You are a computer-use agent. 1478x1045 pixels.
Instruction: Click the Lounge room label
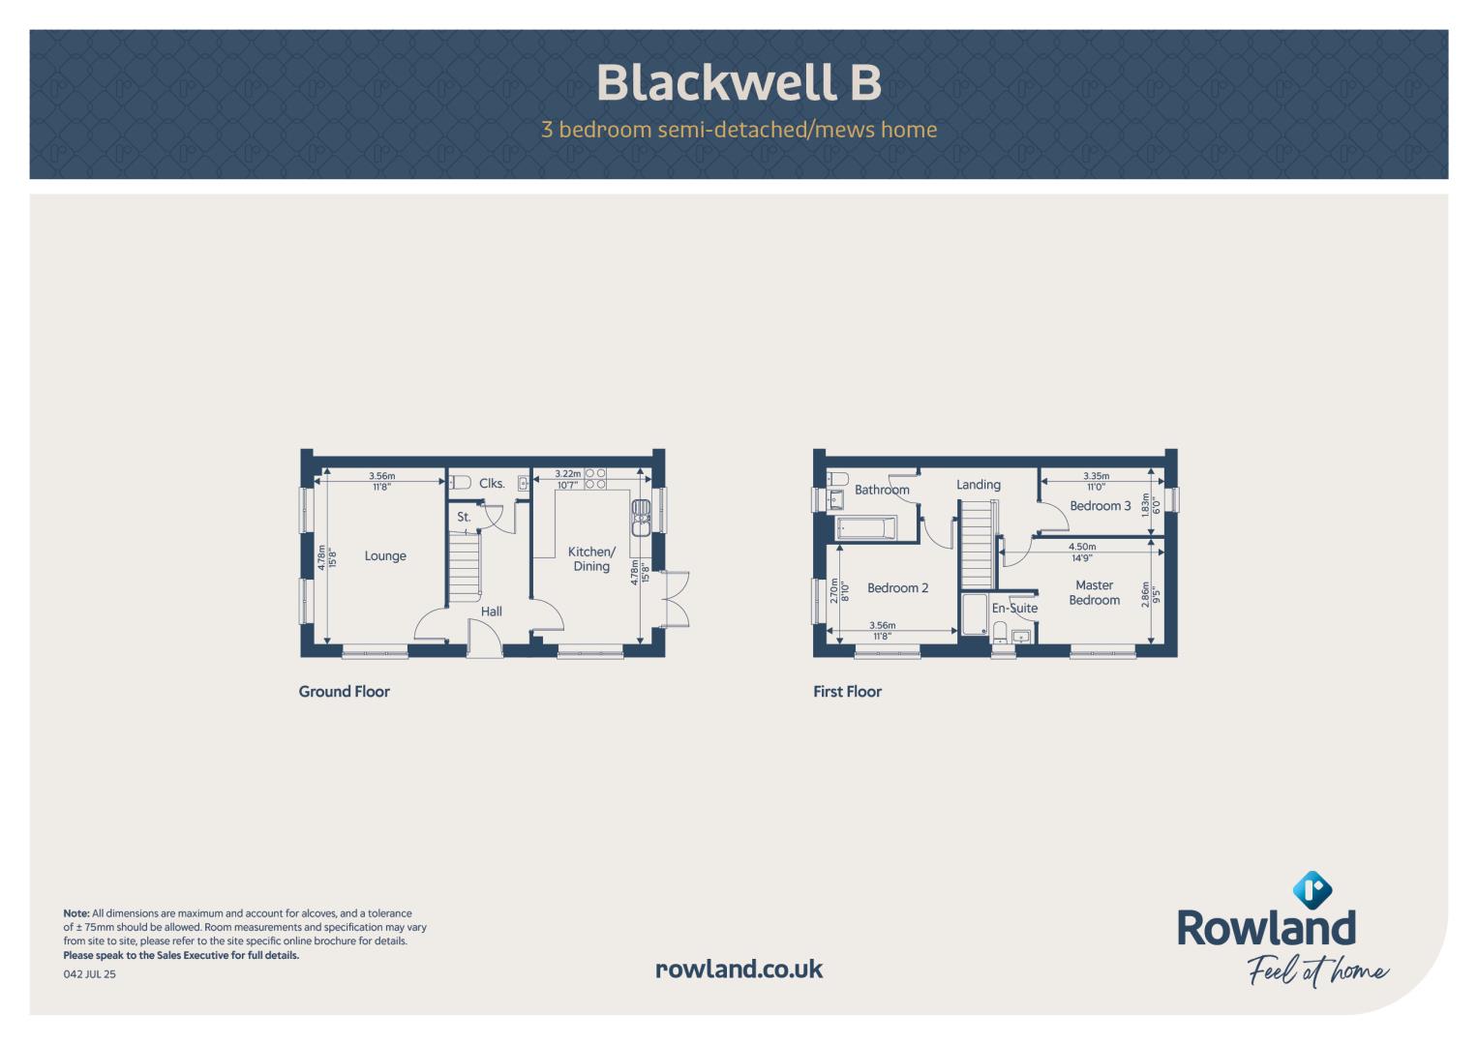point(385,556)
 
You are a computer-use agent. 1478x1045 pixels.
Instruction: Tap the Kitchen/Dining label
point(591,559)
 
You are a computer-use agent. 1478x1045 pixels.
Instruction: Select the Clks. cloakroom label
point(492,484)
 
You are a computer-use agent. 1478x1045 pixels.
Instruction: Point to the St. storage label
point(464,518)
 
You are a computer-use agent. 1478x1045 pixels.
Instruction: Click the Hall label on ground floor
point(491,612)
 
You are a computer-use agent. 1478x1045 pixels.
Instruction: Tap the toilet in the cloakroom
point(460,483)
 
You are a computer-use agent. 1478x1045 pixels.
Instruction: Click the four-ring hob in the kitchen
point(595,479)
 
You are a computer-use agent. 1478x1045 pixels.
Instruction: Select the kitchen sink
point(641,518)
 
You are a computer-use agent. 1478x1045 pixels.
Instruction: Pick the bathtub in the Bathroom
point(866,528)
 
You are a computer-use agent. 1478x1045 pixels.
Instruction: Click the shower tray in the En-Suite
point(974,614)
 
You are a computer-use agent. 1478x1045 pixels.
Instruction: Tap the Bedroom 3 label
point(1100,506)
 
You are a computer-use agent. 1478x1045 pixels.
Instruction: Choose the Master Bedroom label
point(1094,592)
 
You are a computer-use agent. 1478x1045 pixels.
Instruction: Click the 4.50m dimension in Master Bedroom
point(1082,547)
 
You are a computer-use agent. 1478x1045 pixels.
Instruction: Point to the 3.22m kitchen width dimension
point(567,474)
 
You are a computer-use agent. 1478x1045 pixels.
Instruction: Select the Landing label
point(979,485)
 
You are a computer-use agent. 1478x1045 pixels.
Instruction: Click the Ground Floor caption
point(344,692)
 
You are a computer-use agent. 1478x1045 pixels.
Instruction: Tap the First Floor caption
point(847,692)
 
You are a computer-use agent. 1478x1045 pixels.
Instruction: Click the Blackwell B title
point(739,82)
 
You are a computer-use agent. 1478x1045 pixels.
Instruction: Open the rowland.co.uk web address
point(739,970)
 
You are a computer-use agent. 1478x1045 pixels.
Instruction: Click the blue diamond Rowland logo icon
point(1312,890)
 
